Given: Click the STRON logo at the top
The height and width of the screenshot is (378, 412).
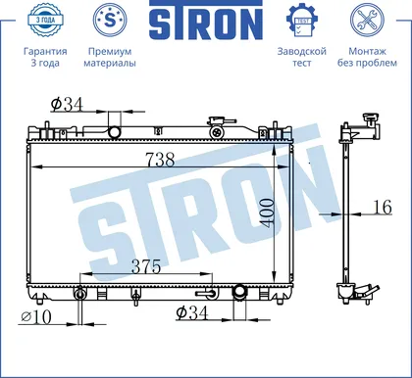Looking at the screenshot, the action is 206,20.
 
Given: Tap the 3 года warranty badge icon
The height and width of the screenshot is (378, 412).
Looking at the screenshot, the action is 45,20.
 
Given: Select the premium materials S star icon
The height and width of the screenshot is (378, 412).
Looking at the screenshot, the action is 110,20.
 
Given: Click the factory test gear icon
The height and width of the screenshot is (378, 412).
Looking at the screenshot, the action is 302,20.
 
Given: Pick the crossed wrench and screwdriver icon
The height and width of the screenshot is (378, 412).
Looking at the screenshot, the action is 367,20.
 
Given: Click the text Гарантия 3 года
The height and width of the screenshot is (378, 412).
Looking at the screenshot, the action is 45,57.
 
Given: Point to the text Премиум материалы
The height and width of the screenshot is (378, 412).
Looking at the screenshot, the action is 110,57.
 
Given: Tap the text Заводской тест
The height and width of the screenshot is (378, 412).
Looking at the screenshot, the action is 302,57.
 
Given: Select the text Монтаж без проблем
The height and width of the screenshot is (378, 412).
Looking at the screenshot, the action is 367,57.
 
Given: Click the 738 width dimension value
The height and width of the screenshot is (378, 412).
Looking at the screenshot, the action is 160,160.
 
